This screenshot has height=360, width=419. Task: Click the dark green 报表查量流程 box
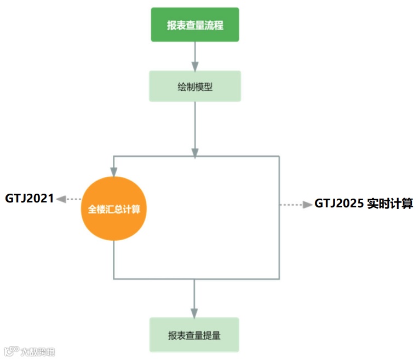click(x=195, y=25)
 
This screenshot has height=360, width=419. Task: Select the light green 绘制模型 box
click(x=195, y=86)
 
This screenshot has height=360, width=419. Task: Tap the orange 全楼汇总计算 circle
click(x=114, y=209)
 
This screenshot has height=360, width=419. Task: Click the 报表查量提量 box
click(x=194, y=335)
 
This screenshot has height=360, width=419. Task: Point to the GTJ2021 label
click(x=30, y=198)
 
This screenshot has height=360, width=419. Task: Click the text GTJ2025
click(x=338, y=204)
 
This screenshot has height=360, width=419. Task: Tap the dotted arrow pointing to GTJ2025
click(x=296, y=205)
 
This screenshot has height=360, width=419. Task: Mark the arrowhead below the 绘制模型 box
click(x=195, y=152)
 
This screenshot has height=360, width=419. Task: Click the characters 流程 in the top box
click(x=214, y=25)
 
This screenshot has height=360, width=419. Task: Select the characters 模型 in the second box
click(x=204, y=86)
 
